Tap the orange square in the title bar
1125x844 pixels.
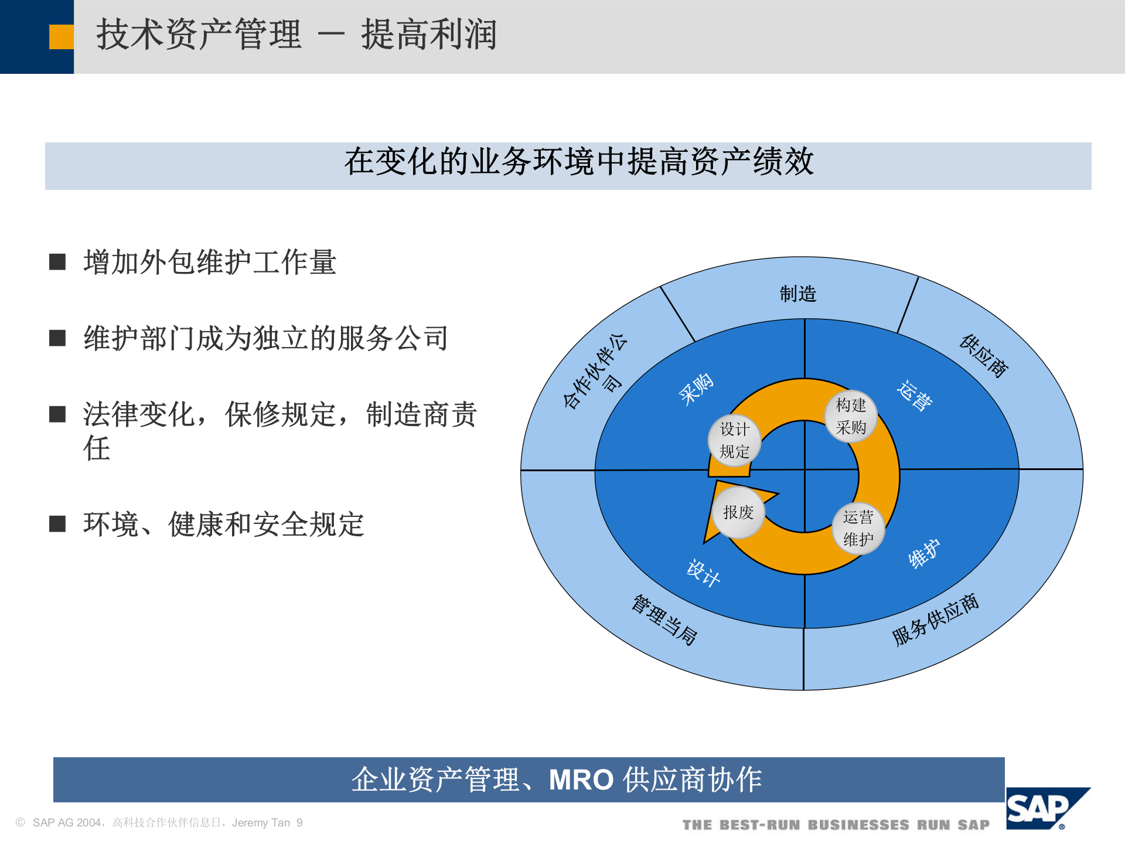click(x=61, y=37)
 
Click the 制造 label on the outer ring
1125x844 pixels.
click(x=797, y=294)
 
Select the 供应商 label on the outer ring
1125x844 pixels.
click(x=984, y=356)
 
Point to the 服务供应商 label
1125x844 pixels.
click(x=935, y=620)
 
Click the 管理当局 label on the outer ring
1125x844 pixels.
click(x=664, y=620)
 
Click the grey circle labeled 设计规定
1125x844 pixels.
click(x=734, y=440)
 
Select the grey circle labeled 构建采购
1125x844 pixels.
click(x=851, y=416)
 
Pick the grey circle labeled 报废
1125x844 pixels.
click(x=738, y=512)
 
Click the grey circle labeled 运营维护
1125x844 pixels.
click(x=858, y=528)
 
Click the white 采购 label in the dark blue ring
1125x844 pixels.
click(x=696, y=389)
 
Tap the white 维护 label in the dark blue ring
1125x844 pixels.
click(x=924, y=553)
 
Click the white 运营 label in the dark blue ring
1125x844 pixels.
click(x=915, y=396)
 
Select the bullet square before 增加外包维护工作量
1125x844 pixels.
click(x=57, y=261)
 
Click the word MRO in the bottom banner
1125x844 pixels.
click(x=581, y=780)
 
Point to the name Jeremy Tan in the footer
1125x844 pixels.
click(x=261, y=823)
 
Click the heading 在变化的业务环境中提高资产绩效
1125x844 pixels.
click(x=579, y=162)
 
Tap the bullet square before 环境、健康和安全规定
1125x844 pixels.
click(x=57, y=523)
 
